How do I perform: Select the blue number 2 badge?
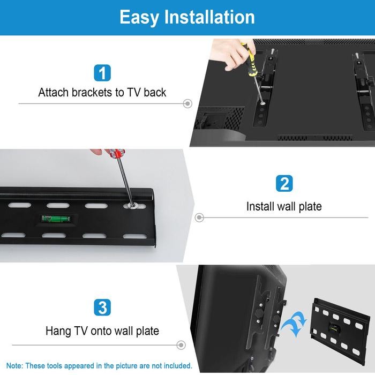pyautogui.click(x=284, y=184)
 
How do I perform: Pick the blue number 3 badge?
pyautogui.click(x=102, y=307)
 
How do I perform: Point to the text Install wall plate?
pyautogui.click(x=284, y=206)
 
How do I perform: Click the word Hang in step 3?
pyautogui.click(x=57, y=331)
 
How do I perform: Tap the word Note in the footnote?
pyautogui.click(x=15, y=366)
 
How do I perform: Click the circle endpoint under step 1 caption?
pyautogui.click(x=187, y=103)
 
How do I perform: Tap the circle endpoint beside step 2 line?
pyautogui.click(x=199, y=217)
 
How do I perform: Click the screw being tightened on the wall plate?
pyautogui.click(x=130, y=205)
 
